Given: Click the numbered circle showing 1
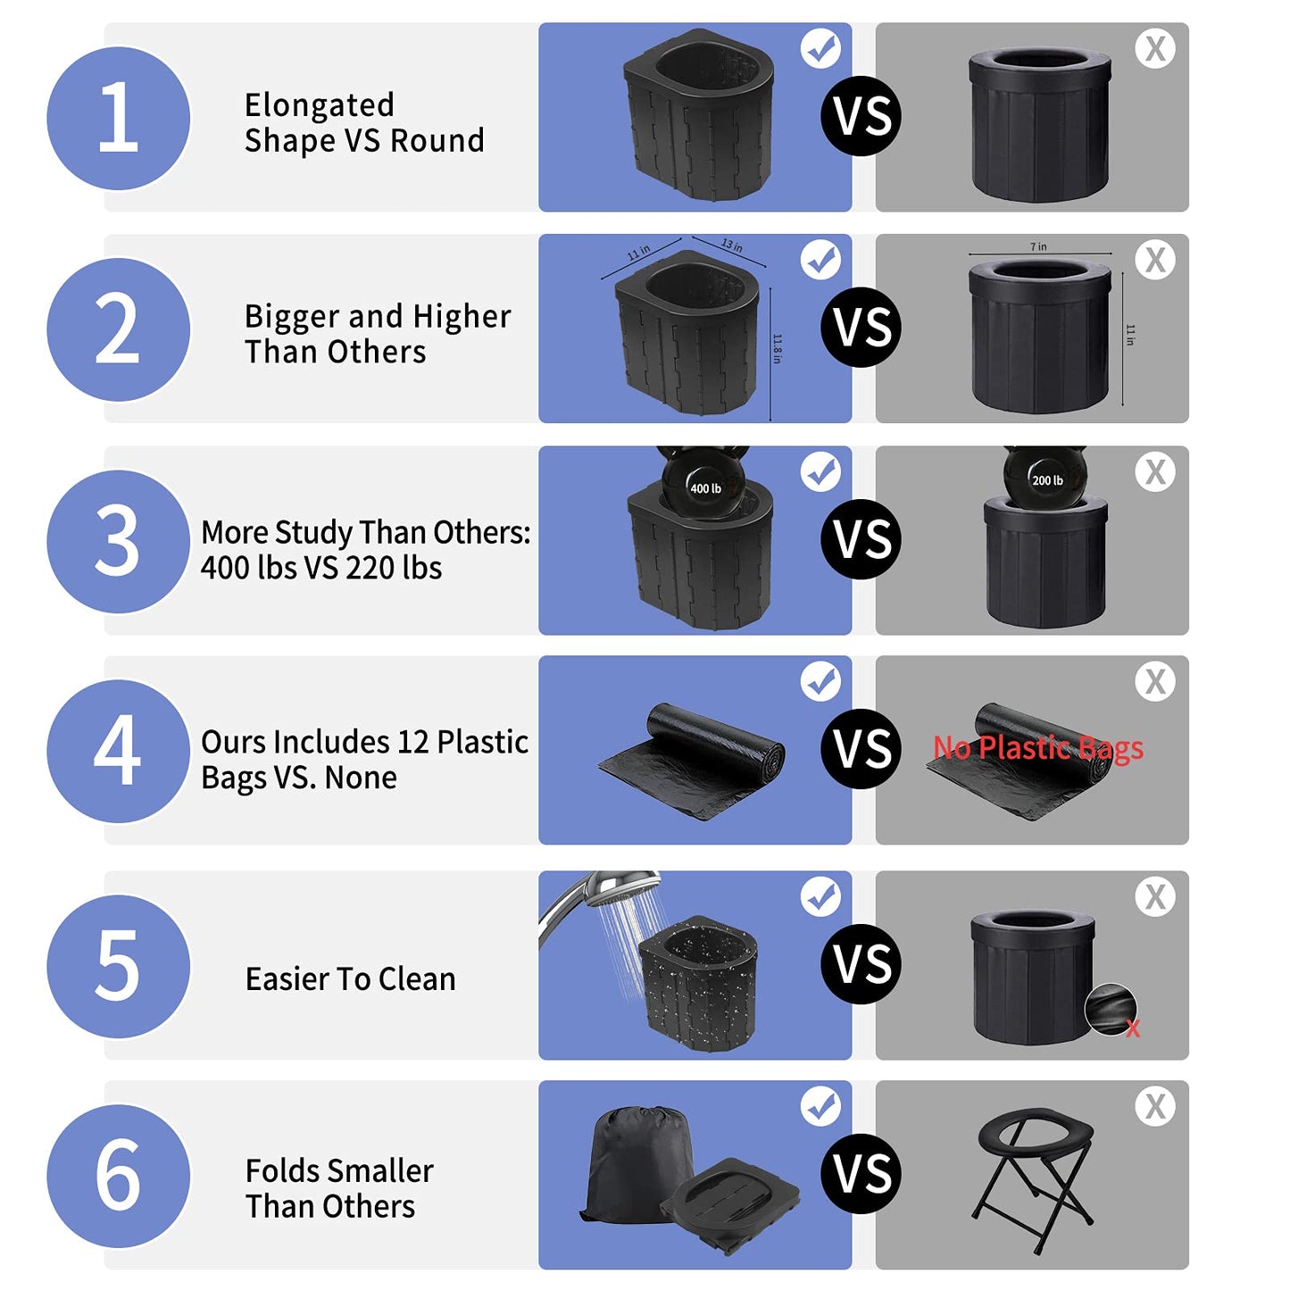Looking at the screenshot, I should coord(118,118).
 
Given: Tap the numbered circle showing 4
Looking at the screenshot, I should coord(118,751).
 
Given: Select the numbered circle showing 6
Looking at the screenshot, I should coord(118,1176).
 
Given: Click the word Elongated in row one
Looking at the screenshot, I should coord(319,105).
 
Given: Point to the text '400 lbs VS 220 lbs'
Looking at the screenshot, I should coord(321,568).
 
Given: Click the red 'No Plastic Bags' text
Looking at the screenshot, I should coord(1037,747).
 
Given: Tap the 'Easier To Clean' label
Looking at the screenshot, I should coord(350,979).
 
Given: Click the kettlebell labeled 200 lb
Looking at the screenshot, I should coord(1045,478).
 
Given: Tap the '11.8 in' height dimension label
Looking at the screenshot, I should coord(777,348).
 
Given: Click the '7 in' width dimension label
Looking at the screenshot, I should coord(1038,246).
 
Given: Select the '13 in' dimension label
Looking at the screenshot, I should coord(731,246).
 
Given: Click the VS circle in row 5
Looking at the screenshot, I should coord(861,964).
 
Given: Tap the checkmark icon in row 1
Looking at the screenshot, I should coord(820,48).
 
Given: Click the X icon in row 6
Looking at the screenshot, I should coord(1155,1107).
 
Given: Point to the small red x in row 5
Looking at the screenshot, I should coord(1133,1029).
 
